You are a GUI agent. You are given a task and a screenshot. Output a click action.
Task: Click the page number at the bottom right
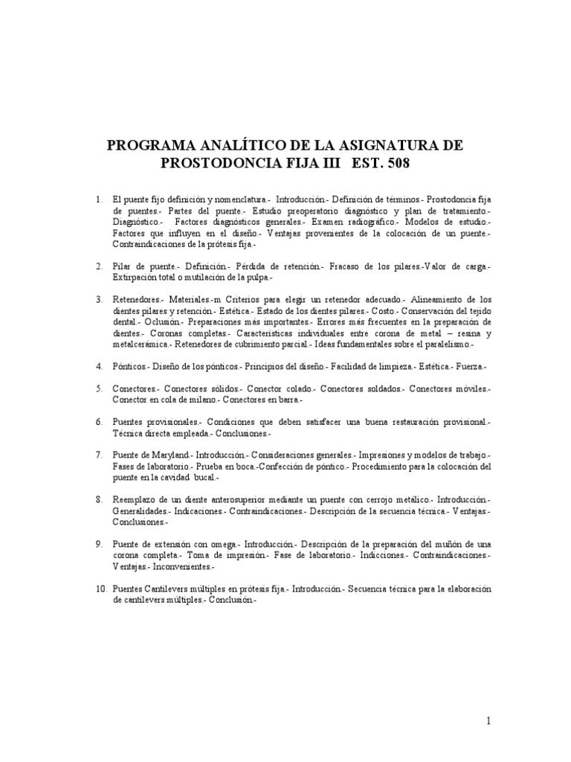click(x=488, y=721)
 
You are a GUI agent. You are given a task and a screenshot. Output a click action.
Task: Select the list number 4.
click(x=98, y=367)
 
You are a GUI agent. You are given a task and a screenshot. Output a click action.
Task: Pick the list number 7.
click(x=98, y=454)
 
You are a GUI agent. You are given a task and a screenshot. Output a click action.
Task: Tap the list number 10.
click(x=101, y=589)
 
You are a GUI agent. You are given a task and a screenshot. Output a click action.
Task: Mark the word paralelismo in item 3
click(x=438, y=345)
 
